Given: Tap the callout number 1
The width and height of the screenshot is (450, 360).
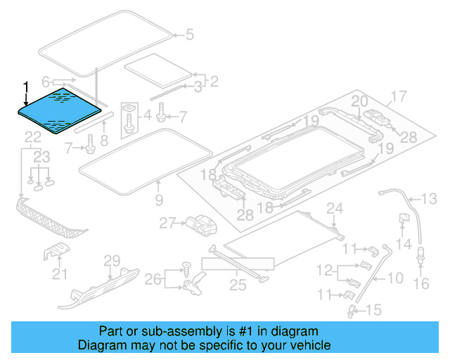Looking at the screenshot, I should pos(26,87).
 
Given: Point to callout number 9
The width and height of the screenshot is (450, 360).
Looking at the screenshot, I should pos(159,200).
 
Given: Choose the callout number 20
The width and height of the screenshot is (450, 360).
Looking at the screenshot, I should pos(359,101).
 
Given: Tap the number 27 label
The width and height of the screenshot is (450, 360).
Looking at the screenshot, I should pos(166,223).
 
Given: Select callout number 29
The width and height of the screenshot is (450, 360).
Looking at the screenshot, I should pos(112,262).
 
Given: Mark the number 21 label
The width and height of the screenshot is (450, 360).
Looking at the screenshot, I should pos(60,274).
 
